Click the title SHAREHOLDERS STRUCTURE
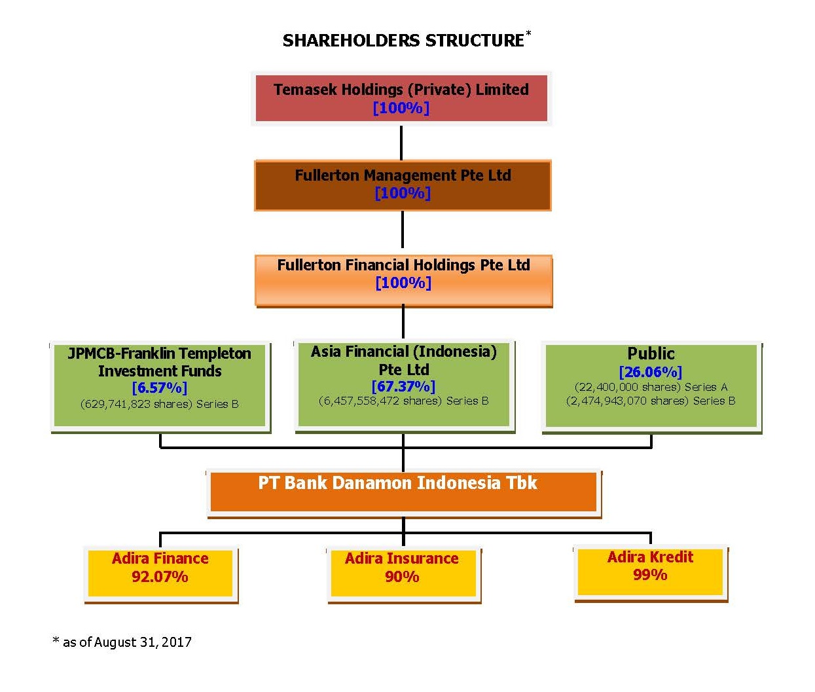point(403,41)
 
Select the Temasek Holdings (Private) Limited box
point(401,98)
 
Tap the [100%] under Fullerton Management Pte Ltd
point(403,193)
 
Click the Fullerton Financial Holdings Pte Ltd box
point(403,281)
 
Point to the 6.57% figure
point(160,388)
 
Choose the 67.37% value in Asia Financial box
point(403,386)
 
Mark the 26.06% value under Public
point(651,372)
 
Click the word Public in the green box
point(651,354)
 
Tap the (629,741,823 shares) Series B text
point(159,404)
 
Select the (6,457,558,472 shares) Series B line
point(403,401)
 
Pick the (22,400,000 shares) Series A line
point(651,387)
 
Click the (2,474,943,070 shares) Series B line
point(651,401)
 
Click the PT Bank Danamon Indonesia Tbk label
point(397,483)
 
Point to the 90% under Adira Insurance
point(402,577)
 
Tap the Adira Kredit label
point(650,556)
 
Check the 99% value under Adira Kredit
point(650,575)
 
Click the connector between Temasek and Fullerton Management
point(401,143)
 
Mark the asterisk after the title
point(528,33)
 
